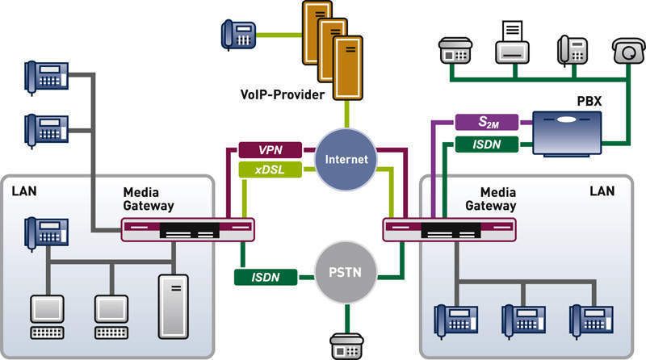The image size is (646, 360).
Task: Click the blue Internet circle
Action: tap(346, 159)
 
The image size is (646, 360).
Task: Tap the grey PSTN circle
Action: tap(346, 272)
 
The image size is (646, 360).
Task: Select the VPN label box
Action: tap(271, 150)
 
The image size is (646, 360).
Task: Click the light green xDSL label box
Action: tap(271, 170)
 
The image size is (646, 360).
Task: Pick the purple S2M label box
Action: tap(487, 122)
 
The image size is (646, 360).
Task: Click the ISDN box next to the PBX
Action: tap(487, 144)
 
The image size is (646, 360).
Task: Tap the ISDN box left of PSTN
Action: tap(266, 277)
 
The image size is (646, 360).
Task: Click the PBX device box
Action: tap(567, 133)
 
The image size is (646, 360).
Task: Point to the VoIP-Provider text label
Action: tap(282, 94)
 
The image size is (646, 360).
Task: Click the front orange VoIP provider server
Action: tap(348, 68)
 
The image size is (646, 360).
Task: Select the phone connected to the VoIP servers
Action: tap(238, 35)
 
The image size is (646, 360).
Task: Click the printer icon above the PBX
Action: tap(512, 43)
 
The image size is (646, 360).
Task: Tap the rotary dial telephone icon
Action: tap(628, 51)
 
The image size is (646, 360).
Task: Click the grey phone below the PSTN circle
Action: tap(346, 346)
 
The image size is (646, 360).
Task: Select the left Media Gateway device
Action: tap(188, 230)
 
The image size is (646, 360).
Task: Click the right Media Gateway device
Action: tap(450, 230)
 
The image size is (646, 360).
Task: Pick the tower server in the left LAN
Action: tap(174, 307)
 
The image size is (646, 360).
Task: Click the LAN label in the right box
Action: tap(602, 191)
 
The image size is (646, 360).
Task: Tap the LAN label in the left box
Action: tap(24, 191)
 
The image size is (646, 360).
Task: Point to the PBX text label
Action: tap(589, 102)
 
